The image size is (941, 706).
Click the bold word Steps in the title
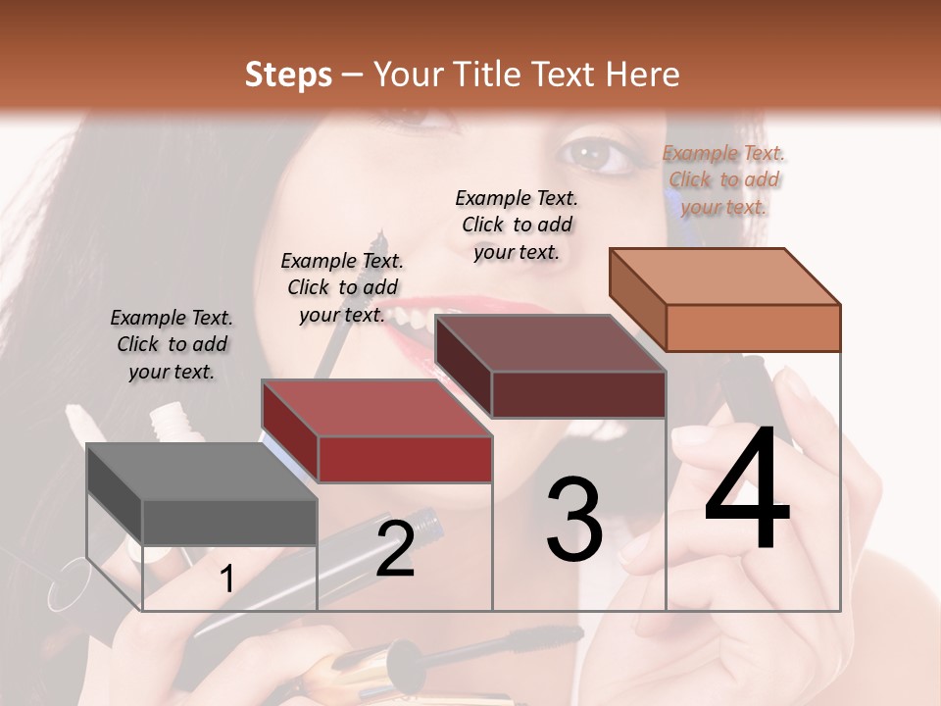(x=288, y=75)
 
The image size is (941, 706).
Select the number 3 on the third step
(x=573, y=520)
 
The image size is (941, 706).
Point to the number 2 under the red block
(x=395, y=549)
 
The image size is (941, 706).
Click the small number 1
(x=226, y=580)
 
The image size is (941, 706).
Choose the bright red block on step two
(x=376, y=431)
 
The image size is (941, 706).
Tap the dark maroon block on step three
(x=550, y=367)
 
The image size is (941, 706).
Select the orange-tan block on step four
(x=724, y=299)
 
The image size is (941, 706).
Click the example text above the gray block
(x=172, y=344)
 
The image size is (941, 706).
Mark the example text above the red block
(x=342, y=287)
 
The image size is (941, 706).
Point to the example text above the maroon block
(x=517, y=225)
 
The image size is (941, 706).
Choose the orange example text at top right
(x=723, y=179)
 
